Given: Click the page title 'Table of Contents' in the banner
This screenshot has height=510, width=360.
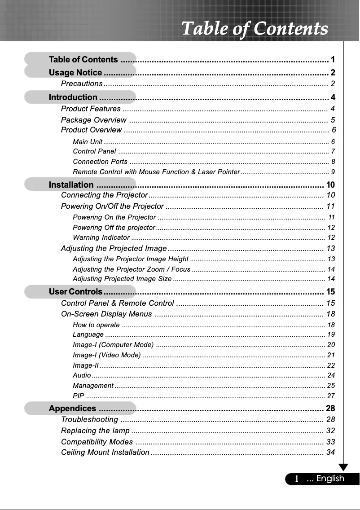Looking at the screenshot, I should coord(255,29).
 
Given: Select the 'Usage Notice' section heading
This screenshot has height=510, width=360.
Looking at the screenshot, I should coord(75,73).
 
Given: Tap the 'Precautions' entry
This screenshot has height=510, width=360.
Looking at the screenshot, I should coord(82,84).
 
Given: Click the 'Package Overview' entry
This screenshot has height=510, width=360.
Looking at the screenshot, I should coord(93,120).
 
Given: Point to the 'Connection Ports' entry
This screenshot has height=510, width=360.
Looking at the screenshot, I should coord(100,162).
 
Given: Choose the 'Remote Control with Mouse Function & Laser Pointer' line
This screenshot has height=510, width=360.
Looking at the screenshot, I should coord(156,172).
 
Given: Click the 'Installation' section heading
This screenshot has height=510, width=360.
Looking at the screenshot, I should coord(71,185).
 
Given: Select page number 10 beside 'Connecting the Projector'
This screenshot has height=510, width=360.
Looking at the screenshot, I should coord(331,195).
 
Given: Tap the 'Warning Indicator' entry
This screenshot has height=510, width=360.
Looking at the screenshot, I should coord(101,237).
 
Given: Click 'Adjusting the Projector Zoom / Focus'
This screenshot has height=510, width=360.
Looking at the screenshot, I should coord(132,269).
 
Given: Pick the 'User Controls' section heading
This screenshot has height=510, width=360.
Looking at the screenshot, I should coord(75,292).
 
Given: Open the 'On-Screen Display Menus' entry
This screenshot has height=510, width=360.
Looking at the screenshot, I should coord(106,314).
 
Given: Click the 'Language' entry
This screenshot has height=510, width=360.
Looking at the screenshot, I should coord(88,334).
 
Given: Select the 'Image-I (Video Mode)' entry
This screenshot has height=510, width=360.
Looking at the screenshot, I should coord(107,355).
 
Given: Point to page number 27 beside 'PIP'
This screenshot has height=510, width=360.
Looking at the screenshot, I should coord(331,396).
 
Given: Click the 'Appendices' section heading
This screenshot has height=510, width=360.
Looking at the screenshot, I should coord(72,409).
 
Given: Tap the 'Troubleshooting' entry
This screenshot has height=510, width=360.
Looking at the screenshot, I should coord(89,420).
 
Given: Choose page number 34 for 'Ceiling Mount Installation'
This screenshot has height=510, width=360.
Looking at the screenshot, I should coord(331,452).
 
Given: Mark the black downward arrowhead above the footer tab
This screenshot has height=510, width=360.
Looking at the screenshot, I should coord(344,467).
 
